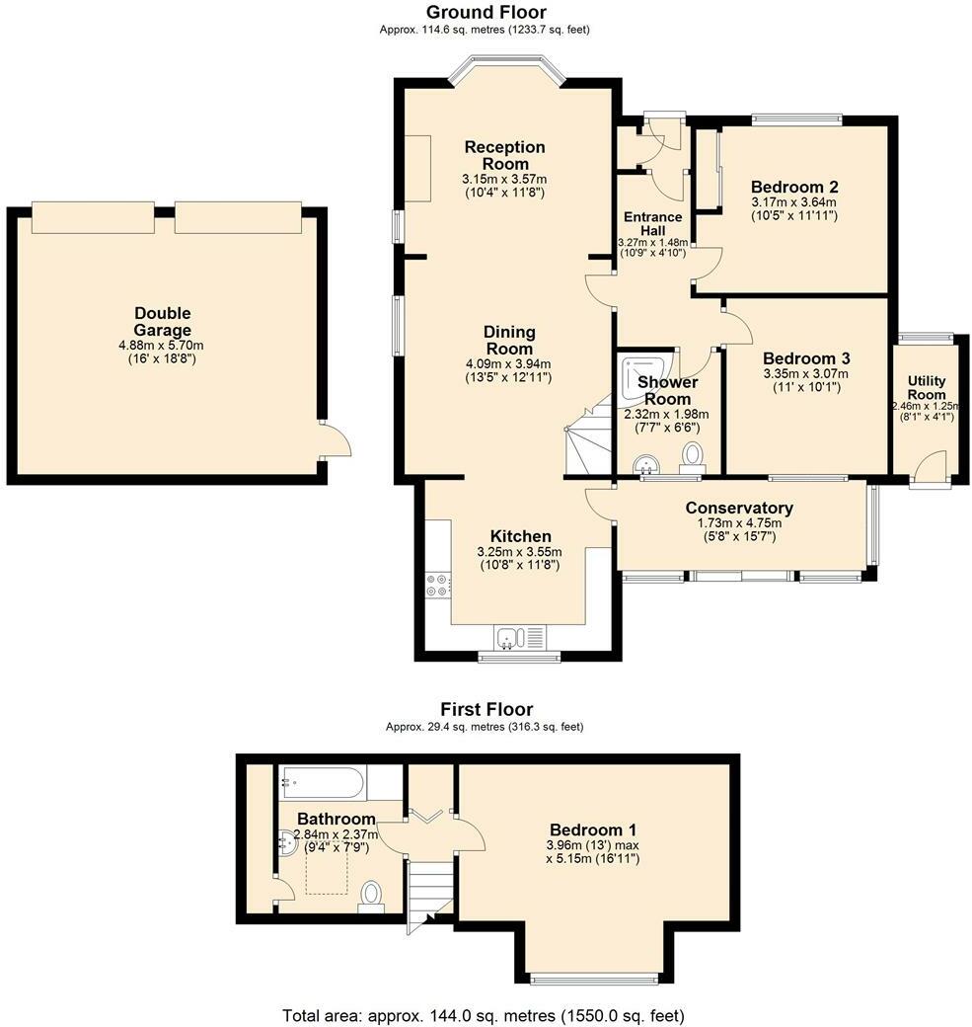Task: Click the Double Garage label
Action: pos(163,322)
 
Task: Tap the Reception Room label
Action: pos(504,155)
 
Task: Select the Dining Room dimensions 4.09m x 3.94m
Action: pos(507,363)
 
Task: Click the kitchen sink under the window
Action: pos(520,638)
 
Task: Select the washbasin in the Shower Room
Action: pos(646,464)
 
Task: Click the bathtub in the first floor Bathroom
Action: pos(322,782)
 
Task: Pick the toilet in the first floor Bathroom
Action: pos(371,897)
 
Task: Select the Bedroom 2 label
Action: pos(794,187)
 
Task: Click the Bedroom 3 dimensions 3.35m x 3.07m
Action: pos(806,374)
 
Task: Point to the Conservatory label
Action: pos(739,508)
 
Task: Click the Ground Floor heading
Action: pos(486,12)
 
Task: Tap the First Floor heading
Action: pos(486,709)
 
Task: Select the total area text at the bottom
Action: pos(484,1016)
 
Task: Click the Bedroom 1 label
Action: pos(593,829)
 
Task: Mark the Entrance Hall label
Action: pos(652,223)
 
